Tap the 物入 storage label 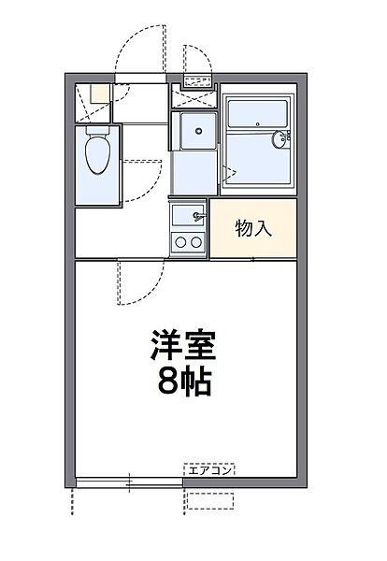coord(253,228)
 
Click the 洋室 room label coord(182,346)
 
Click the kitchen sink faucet coord(197,217)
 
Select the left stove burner coord(179,242)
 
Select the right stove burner coord(196,242)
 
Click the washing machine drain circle coord(197,131)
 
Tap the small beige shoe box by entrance coord(98,93)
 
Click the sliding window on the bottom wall coord(128,482)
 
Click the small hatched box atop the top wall coord(196,81)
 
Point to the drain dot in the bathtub coord(233,122)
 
